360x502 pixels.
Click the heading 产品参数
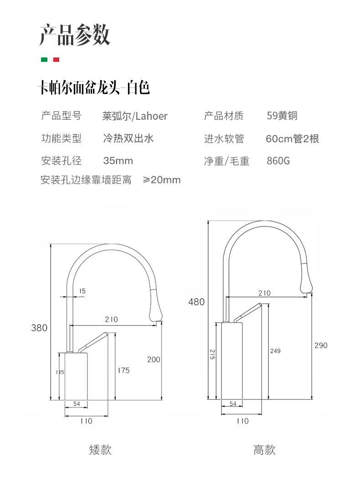pyautogui.click(x=75, y=35)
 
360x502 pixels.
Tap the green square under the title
pyautogui.click(x=44, y=60)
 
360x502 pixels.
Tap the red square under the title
pyautogui.click(x=56, y=60)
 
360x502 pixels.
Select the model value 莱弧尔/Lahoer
pyautogui.click(x=135, y=116)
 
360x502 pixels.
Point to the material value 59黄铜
pyautogui.click(x=282, y=116)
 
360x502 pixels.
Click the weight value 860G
pyautogui.click(x=278, y=161)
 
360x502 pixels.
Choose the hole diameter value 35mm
pyautogui.click(x=118, y=161)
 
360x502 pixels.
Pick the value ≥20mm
pyautogui.click(x=162, y=180)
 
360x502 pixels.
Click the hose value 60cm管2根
pyautogui.click(x=292, y=138)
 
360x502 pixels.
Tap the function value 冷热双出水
pyautogui.click(x=128, y=138)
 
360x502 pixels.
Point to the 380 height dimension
pyautogui.click(x=39, y=328)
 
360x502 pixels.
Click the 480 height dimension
pyautogui.click(x=196, y=302)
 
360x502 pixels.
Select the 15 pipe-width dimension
pyautogui.click(x=82, y=291)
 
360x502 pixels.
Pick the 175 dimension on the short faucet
pyautogui.click(x=123, y=370)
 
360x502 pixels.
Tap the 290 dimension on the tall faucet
pyautogui.click(x=321, y=345)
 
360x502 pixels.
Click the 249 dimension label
pyautogui.click(x=275, y=351)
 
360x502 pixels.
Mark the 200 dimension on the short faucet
pyautogui.click(x=154, y=359)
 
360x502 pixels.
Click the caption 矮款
pyautogui.click(x=100, y=450)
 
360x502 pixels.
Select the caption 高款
pyautogui.click(x=264, y=450)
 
